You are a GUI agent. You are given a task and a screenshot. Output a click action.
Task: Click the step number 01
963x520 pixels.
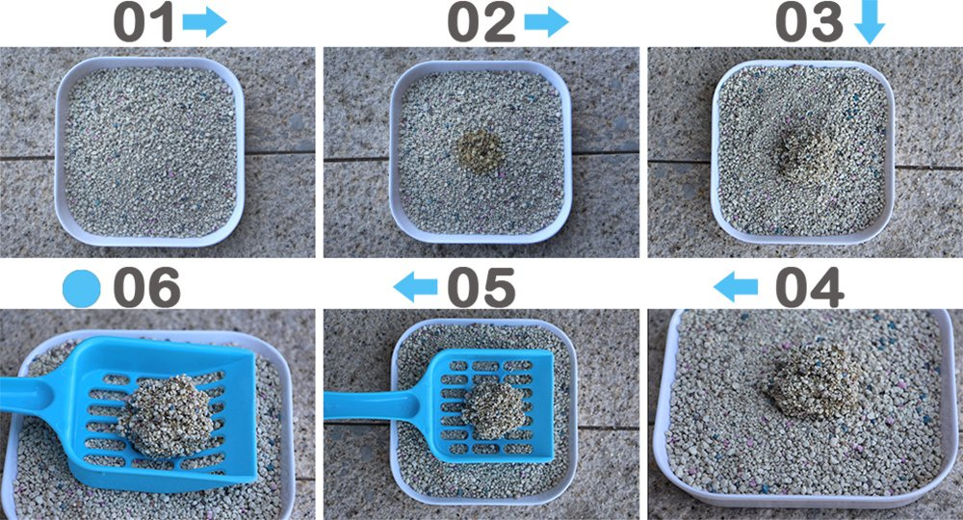[x=144, y=23]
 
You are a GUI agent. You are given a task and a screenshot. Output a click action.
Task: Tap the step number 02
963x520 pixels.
[x=481, y=23]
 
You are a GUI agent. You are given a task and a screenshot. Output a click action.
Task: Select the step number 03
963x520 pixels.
[x=810, y=23]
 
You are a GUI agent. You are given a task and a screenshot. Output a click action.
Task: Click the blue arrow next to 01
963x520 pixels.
[x=204, y=23]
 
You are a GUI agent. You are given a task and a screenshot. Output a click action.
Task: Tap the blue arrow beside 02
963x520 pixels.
[x=546, y=23]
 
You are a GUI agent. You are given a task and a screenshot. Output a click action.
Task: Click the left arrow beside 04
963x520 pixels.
[x=736, y=287]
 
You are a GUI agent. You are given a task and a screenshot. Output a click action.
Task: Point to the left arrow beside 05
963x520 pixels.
[x=415, y=287]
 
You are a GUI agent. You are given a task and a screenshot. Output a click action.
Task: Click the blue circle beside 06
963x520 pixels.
[x=81, y=289]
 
